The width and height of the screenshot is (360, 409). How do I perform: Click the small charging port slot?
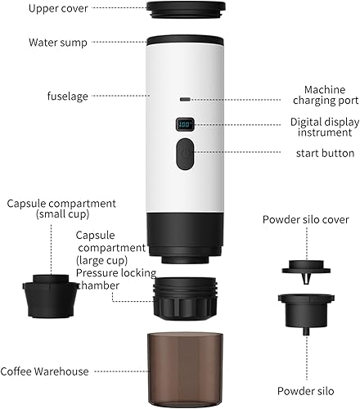point(186,97)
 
